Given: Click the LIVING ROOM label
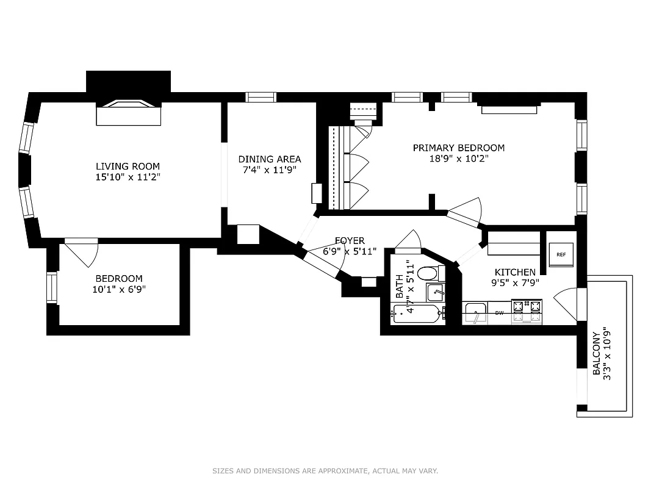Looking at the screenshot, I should click(x=128, y=166).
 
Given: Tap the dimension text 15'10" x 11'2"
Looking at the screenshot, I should click(x=128, y=177).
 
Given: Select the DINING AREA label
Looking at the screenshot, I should click(x=269, y=159).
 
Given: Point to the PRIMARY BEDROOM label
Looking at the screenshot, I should click(x=458, y=148).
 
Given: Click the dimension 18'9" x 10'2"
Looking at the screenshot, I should click(x=458, y=158).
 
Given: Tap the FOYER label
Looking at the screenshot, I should click(x=350, y=240).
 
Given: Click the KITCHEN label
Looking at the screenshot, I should click(x=515, y=272).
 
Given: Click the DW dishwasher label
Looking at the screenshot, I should click(x=499, y=313).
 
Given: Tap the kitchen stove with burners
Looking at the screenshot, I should click(x=526, y=310).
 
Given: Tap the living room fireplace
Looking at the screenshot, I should click(x=128, y=112).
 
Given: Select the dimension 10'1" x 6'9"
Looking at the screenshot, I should click(x=118, y=289).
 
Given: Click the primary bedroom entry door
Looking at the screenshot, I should click(x=466, y=212).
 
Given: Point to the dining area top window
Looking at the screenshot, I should click(x=261, y=97).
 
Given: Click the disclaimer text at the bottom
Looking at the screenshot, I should click(x=325, y=471).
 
